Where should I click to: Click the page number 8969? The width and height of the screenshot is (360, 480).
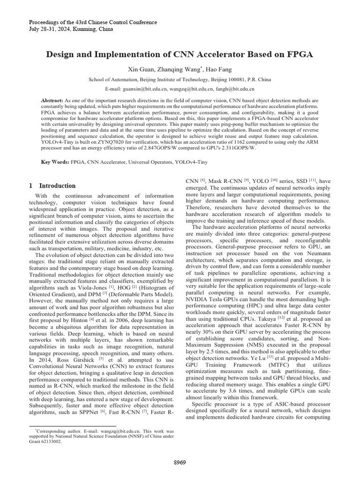tap(180, 462)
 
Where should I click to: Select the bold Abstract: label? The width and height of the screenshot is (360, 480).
tap(52, 100)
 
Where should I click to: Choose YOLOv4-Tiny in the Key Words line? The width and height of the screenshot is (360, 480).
tap(191, 162)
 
